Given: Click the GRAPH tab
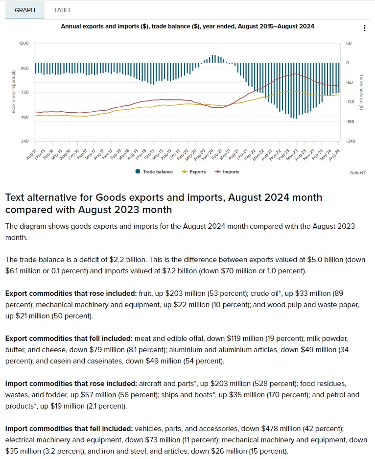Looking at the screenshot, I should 25,10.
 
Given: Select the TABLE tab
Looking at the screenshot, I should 63,10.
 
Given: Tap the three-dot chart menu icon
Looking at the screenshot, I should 365,28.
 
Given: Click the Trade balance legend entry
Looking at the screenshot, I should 154,172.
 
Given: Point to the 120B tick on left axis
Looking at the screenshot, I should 24,44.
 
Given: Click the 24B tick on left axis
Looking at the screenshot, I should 25,141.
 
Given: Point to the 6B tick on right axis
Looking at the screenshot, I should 349,44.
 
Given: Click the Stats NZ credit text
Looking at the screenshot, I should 358,173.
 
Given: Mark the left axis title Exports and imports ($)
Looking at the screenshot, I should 14,92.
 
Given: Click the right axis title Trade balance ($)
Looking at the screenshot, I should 361,92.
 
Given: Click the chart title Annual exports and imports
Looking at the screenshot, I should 187,26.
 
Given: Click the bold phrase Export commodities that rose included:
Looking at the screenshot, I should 70,293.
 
